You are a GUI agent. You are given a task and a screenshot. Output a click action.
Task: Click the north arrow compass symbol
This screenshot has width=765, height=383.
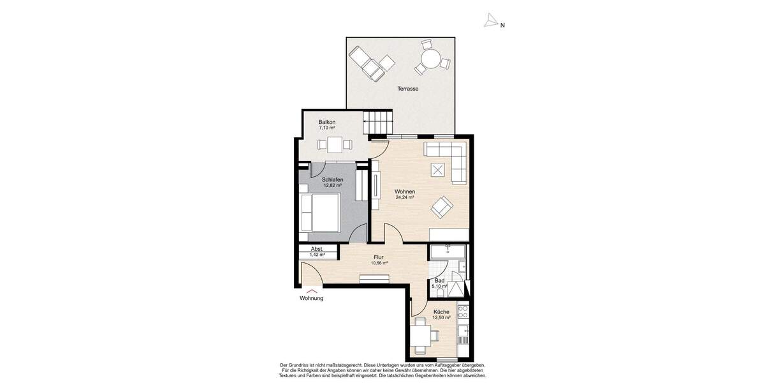pyautogui.click(x=490, y=22)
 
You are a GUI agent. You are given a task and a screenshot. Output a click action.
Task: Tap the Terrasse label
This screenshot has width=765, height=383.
pyautogui.click(x=407, y=89)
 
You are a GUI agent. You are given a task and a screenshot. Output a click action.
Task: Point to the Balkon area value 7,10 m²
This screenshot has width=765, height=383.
pyautogui.click(x=327, y=128)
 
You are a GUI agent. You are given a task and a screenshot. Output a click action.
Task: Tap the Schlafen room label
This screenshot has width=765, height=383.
pyautogui.click(x=333, y=180)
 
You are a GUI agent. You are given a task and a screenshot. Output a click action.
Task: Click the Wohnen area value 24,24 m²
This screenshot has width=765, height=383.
pyautogui.click(x=405, y=198)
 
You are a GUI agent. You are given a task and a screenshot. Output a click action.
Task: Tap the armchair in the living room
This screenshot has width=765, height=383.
pyautogui.click(x=442, y=206)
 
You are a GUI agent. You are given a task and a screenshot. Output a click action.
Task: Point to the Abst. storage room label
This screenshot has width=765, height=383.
pyautogui.click(x=317, y=249)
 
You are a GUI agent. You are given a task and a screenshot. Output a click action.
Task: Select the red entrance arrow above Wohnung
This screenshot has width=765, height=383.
pyautogui.click(x=312, y=290)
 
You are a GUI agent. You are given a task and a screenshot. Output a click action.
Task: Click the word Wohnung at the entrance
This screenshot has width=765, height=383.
pyautogui.click(x=312, y=299)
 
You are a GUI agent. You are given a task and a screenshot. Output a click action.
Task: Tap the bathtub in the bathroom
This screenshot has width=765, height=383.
pyautogui.click(x=448, y=252)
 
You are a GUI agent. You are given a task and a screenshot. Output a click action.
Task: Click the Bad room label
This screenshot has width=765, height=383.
pyautogui.click(x=439, y=280)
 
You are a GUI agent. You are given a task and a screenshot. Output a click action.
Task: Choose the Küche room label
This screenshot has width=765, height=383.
pyautogui.click(x=441, y=312)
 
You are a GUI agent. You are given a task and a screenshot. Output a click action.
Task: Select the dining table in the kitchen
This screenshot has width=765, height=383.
pyautogui.click(x=421, y=334)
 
